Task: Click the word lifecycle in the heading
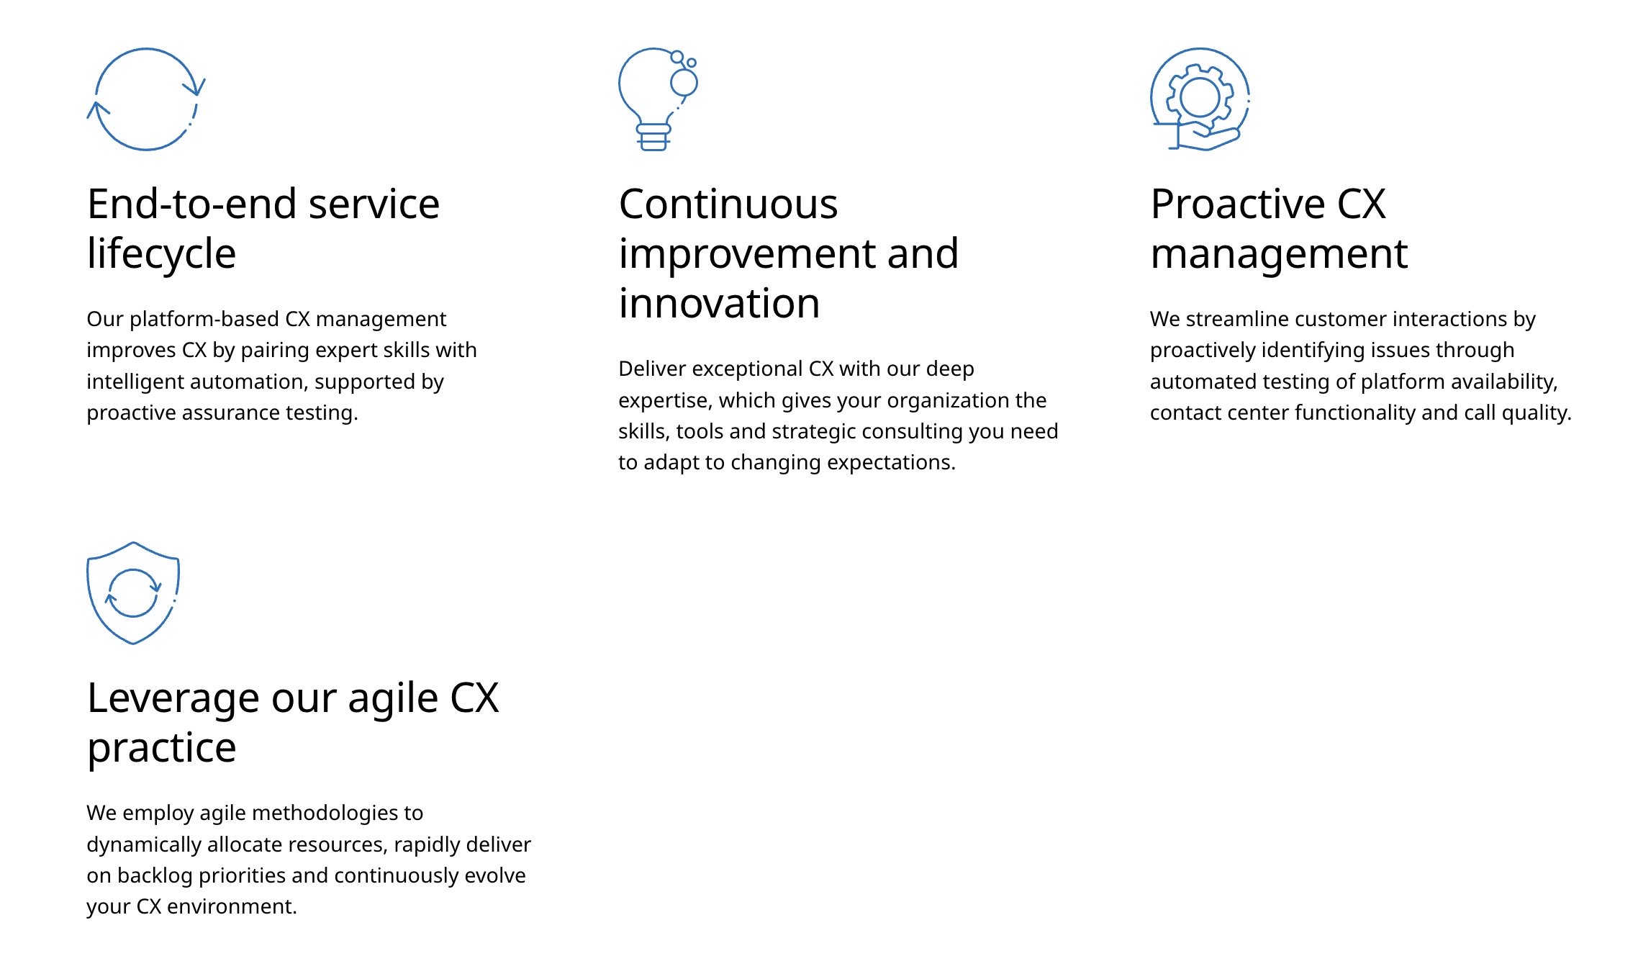(161, 254)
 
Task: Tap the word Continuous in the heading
(728, 204)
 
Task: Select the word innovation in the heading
(719, 303)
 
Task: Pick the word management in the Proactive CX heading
(1279, 255)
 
